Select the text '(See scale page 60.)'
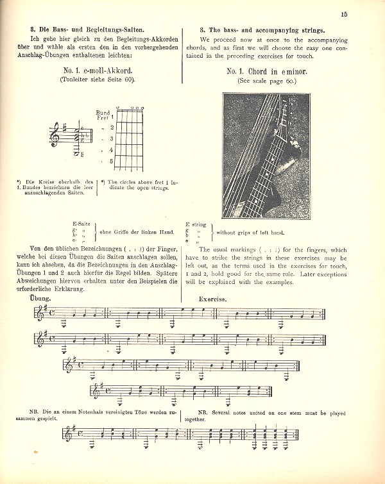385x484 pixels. [264, 81]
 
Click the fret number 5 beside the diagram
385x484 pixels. [111, 162]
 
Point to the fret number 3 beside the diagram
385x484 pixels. [111, 138]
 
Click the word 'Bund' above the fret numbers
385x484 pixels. [102, 112]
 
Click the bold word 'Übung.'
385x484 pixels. [40, 299]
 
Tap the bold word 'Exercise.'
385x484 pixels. [212, 299]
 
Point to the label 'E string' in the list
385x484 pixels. [196, 224]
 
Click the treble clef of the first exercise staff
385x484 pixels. [42, 313]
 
